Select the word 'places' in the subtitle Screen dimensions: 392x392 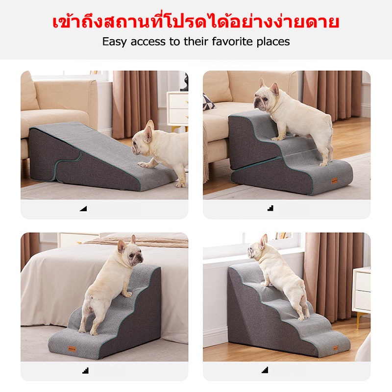click(x=273, y=41)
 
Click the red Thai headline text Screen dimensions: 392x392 click(x=196, y=23)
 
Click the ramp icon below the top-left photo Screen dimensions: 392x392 click(x=83, y=208)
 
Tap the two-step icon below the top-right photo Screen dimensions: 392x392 click(x=270, y=208)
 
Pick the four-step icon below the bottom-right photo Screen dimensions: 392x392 click(x=265, y=369)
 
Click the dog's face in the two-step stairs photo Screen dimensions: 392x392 click(x=265, y=98)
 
